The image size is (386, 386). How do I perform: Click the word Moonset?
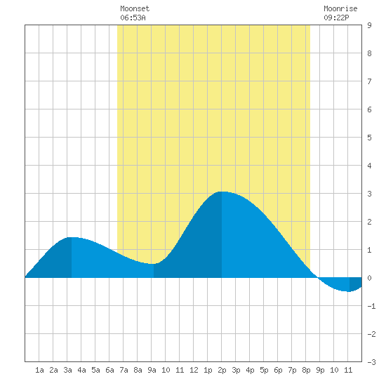135,8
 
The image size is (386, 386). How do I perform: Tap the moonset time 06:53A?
133,18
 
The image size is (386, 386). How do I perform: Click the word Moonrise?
340,8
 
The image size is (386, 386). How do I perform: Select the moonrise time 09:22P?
336,18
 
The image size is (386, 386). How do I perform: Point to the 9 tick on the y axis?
369,25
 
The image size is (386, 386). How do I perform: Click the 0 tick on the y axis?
369,278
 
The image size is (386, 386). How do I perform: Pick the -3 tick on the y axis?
371,362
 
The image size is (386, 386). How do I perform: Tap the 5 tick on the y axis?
369,138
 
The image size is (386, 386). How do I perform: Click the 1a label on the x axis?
39,370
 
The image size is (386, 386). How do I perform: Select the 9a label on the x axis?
152,370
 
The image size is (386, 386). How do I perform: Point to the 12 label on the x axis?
194,370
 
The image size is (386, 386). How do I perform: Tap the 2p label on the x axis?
222,370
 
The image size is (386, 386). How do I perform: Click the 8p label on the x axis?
306,370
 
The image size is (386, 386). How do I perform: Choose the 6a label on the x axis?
109,370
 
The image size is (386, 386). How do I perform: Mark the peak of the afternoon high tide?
222,192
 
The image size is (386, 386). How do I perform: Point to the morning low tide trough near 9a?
152,264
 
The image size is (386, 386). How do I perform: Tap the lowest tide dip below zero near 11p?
349,291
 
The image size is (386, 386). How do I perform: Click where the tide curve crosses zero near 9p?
318,278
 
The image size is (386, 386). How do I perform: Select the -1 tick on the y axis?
371,306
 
